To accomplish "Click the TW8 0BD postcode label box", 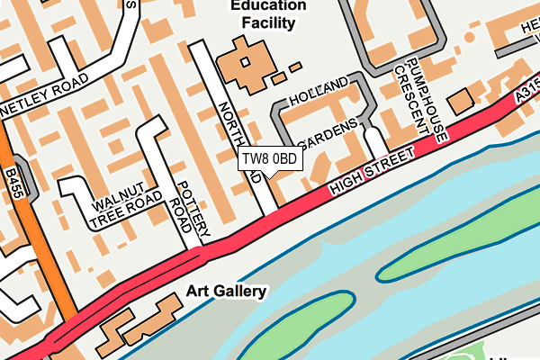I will pyautogui.click(x=269, y=158).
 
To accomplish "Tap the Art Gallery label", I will pyautogui.click(x=226, y=291).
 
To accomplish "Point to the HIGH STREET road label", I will pyautogui.click(x=373, y=171).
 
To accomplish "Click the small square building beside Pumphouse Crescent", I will pyautogui.click(x=462, y=101).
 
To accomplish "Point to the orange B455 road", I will pyautogui.click(x=45, y=252).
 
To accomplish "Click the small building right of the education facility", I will pyautogui.click(x=294, y=66).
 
